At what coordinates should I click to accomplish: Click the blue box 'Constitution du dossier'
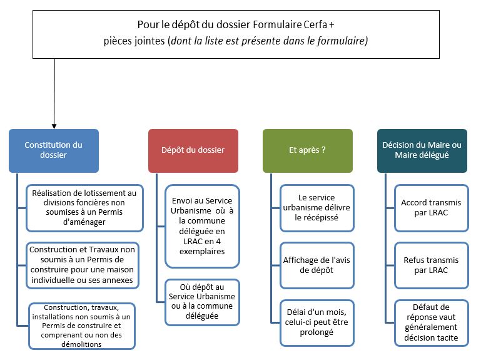click(x=53, y=150)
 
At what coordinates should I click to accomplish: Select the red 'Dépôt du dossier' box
click(x=193, y=150)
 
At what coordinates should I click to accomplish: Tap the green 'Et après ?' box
click(x=307, y=150)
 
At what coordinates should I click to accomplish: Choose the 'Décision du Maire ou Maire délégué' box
click(x=422, y=150)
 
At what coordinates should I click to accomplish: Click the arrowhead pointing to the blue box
click(x=54, y=125)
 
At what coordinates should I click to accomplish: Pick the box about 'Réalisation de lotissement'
click(x=84, y=207)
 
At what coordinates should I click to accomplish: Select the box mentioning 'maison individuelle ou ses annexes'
click(x=84, y=265)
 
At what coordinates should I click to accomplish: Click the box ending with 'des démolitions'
click(x=84, y=326)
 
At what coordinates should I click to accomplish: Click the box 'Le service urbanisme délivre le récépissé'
click(x=316, y=207)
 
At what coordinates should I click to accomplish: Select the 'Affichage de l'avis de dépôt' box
click(x=316, y=265)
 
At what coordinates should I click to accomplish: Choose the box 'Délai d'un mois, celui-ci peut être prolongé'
click(x=316, y=322)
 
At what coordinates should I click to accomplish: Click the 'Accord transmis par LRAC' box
click(x=430, y=207)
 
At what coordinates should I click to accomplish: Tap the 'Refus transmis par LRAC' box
click(x=430, y=265)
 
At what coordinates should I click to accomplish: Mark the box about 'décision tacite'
click(x=430, y=322)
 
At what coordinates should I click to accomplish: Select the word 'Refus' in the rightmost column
click(x=415, y=260)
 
